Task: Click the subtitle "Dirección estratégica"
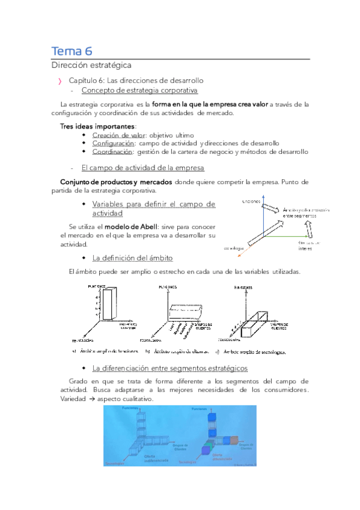pyautogui.click(x=91, y=64)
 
